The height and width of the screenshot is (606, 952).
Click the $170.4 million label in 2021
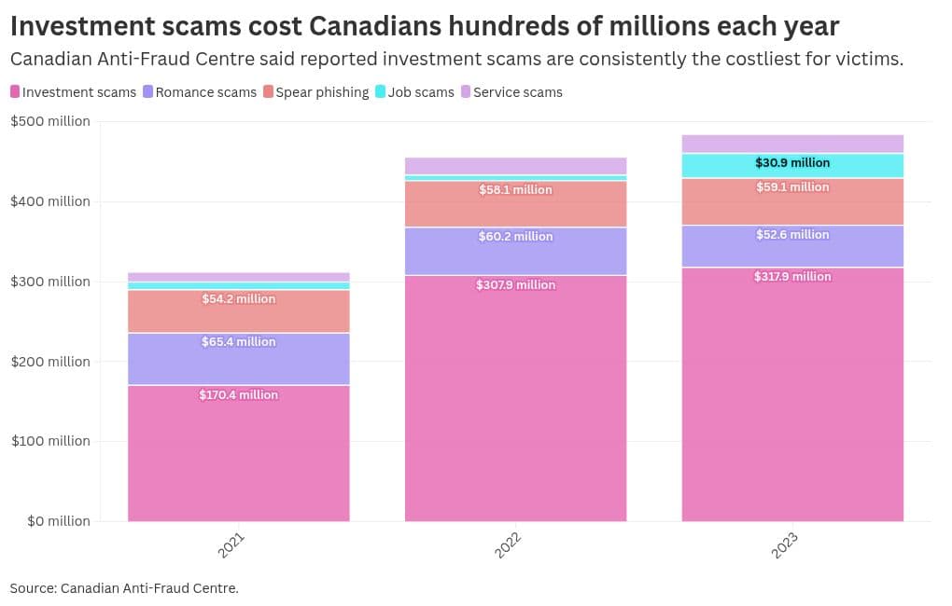coord(238,395)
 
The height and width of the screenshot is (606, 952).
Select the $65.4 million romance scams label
coord(238,342)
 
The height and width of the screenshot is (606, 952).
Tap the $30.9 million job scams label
coord(792,163)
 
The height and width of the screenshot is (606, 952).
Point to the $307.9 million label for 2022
coord(515,285)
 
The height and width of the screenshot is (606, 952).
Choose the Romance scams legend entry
coord(200,92)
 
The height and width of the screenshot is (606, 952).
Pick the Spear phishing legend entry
coord(315,92)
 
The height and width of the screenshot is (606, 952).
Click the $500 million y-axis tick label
coord(50,121)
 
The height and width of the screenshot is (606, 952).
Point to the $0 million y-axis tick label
coord(50,521)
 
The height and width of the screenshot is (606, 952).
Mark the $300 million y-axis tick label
coord(50,282)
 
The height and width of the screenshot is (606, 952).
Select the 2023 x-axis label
coord(786,545)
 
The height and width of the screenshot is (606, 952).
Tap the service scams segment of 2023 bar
coord(792,144)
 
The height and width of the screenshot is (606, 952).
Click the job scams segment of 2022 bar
coord(515,178)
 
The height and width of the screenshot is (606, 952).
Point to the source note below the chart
coord(124,588)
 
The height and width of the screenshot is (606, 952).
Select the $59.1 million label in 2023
coord(792,187)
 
